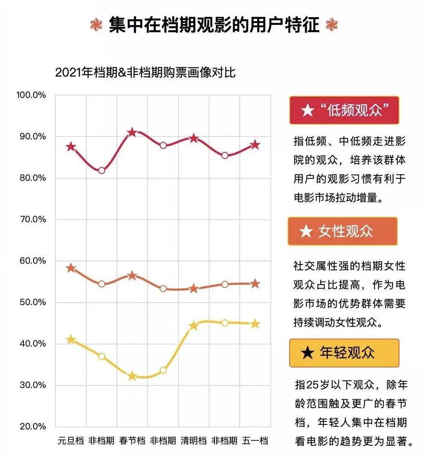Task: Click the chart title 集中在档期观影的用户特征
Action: click(x=214, y=25)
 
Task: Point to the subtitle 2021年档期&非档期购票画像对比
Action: click(x=145, y=72)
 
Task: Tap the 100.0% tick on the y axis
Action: click(x=31, y=95)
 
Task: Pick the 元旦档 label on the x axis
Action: click(x=71, y=441)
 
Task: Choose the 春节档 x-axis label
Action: click(x=132, y=441)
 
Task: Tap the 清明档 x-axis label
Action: click(x=194, y=441)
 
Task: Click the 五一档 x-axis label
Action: click(x=255, y=441)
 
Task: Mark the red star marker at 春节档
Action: click(x=132, y=133)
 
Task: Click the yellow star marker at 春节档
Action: click(x=132, y=376)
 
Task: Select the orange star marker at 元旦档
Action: click(x=71, y=268)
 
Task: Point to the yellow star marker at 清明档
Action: click(x=194, y=326)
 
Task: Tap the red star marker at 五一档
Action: click(x=255, y=145)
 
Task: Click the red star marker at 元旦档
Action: click(x=71, y=147)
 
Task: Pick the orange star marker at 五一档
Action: click(x=255, y=284)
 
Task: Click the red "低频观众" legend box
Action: click(x=344, y=111)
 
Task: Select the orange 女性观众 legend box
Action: click(x=342, y=231)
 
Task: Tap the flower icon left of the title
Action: click(x=96, y=25)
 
